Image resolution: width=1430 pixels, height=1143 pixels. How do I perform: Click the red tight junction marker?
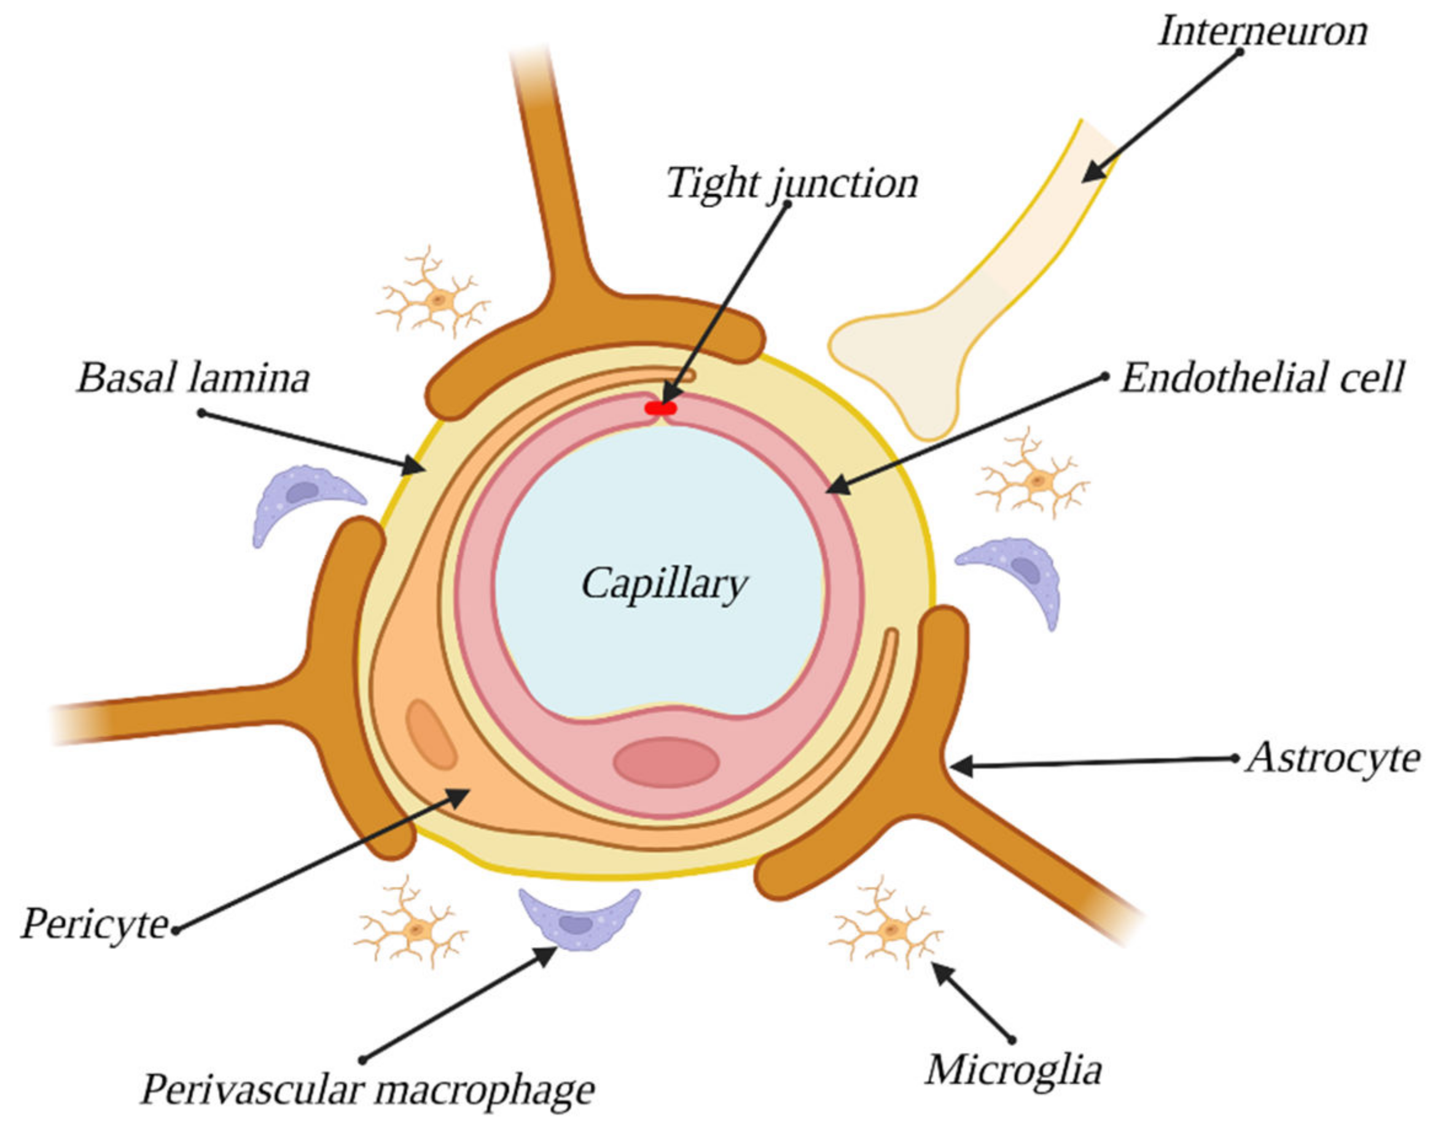coord(660,409)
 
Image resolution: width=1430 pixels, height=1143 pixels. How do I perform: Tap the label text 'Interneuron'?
coord(1263,31)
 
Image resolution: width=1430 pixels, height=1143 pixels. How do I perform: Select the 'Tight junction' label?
coord(792,183)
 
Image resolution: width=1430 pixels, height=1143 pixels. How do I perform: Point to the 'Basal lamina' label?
coord(193,378)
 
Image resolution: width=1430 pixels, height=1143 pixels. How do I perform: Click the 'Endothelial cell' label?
coord(1262,378)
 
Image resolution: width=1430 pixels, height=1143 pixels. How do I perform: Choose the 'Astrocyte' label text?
coord(1333,758)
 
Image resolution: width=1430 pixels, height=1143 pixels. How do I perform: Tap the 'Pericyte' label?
coord(95,924)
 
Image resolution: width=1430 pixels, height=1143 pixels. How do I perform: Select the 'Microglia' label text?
coord(1014,1069)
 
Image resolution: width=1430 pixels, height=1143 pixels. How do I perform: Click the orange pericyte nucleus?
coord(431,735)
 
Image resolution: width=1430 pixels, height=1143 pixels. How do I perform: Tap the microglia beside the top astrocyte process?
coord(434,300)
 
